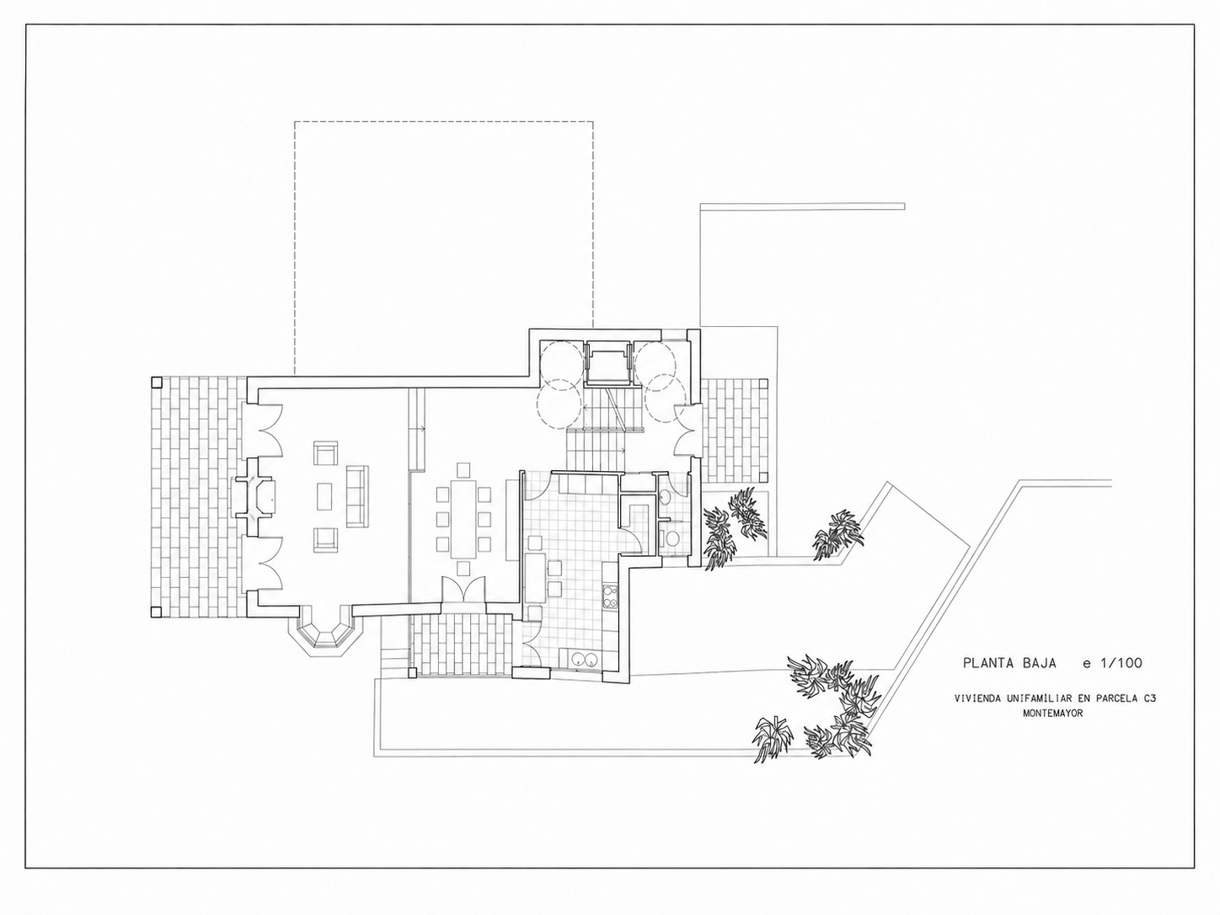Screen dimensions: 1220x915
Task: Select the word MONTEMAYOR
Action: pyautogui.click(x=1052, y=714)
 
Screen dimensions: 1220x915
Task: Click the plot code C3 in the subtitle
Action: pyautogui.click(x=1149, y=699)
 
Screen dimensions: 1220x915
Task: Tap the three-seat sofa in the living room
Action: pyautogui.click(x=357, y=496)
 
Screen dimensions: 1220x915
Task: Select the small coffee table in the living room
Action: pyautogui.click(x=324, y=496)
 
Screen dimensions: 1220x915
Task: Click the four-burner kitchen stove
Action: pyautogui.click(x=610, y=596)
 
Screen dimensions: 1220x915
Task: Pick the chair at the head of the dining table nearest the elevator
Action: pyautogui.click(x=462, y=471)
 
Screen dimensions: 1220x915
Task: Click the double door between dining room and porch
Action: pyautogui.click(x=464, y=590)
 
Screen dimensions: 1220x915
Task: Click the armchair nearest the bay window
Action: pyautogui.click(x=325, y=540)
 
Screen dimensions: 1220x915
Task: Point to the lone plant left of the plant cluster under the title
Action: pyautogui.click(x=773, y=739)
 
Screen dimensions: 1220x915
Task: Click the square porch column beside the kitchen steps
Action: pyautogui.click(x=412, y=674)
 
